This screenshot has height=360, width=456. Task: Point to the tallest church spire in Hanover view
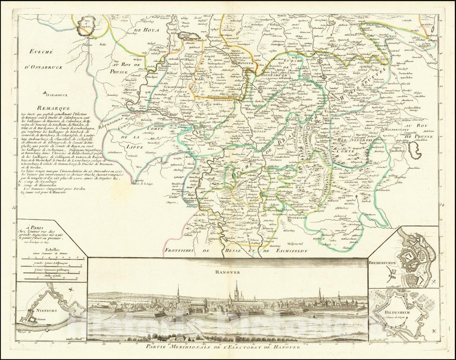pos(236,287)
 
